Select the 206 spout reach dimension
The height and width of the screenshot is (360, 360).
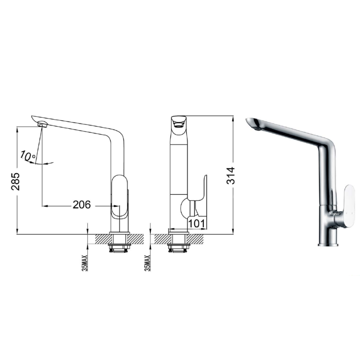click(82, 205)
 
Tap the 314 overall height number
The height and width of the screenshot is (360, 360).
click(230, 175)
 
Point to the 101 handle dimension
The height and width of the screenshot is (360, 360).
click(198, 223)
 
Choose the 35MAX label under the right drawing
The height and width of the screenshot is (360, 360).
click(147, 263)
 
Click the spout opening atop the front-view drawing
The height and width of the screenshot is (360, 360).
click(178, 123)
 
